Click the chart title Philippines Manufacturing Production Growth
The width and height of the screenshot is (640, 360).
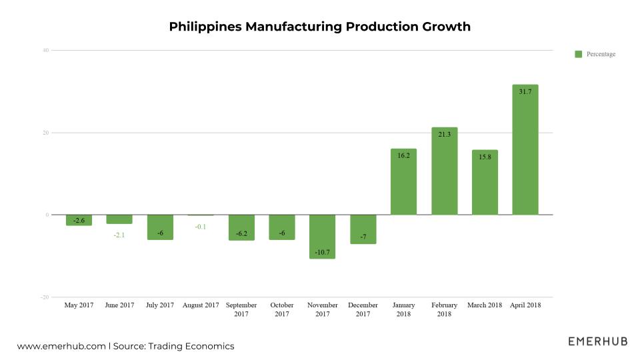pos(320,27)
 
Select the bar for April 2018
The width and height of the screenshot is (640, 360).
pos(525,150)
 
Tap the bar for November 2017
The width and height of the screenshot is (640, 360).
pos(322,237)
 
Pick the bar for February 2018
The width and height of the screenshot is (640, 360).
pos(444,171)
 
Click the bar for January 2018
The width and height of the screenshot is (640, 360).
pos(403,181)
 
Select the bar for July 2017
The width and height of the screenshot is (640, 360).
pos(160,227)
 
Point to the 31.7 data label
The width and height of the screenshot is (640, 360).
pos(525,91)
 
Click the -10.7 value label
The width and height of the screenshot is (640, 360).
pos(322,251)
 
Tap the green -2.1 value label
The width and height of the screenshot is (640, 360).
pos(119,235)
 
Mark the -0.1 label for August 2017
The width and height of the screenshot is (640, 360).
pos(201,227)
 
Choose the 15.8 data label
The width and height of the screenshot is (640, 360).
pos(485,157)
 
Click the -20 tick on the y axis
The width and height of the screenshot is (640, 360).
pos(45,297)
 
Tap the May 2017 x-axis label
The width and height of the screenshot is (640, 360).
pos(79,305)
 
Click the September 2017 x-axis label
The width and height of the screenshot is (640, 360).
pos(241,309)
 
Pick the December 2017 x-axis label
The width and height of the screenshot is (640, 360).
pos(363,309)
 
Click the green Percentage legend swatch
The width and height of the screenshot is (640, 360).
pos(578,54)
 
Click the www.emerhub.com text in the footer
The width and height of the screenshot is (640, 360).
pos(61,347)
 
